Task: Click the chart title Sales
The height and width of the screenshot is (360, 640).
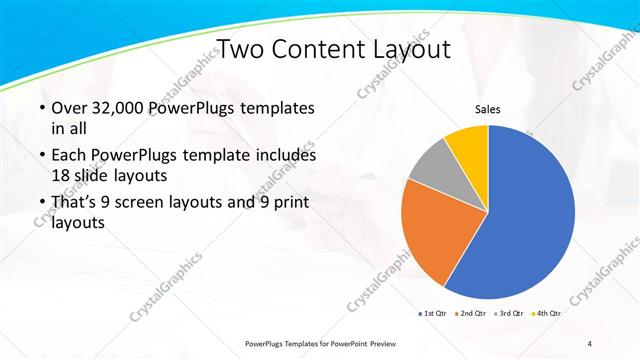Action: pyautogui.click(x=487, y=110)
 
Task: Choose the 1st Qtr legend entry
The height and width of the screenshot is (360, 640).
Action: pyautogui.click(x=432, y=314)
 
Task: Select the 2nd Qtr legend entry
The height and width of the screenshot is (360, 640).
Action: pyautogui.click(x=472, y=314)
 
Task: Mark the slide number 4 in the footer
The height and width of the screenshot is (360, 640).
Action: pyautogui.click(x=590, y=344)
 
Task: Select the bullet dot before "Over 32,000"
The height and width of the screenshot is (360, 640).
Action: pyautogui.click(x=41, y=108)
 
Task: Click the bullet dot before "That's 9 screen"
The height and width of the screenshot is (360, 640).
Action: pyautogui.click(x=41, y=204)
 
